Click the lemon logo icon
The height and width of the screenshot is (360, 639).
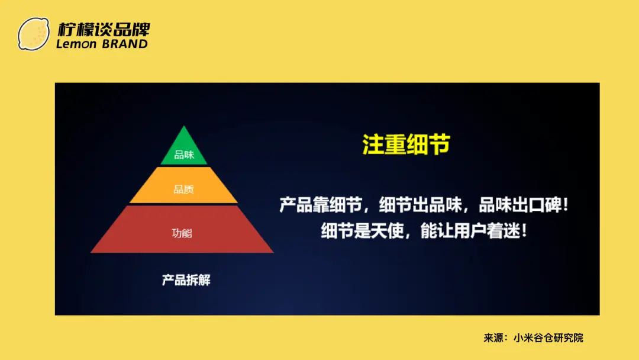tap(33, 34)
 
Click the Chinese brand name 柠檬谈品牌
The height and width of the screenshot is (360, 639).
tap(104, 30)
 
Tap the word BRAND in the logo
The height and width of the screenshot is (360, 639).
tap(125, 44)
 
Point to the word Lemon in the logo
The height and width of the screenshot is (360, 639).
tap(76, 44)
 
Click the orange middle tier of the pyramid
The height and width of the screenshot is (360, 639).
tap(183, 185)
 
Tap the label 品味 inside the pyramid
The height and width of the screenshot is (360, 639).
tap(184, 155)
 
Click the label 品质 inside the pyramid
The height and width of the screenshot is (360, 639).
tap(184, 189)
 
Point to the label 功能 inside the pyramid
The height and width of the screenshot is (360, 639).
tap(182, 233)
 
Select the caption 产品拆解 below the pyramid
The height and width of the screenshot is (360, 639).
tap(186, 280)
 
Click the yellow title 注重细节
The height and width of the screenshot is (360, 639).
tap(406, 144)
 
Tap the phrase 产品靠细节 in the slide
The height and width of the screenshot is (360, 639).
tap(321, 205)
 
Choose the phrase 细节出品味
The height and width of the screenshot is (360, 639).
tap(420, 205)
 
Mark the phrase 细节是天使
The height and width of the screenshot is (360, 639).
tap(362, 231)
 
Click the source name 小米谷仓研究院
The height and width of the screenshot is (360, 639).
tap(548, 337)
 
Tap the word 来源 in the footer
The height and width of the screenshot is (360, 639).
tap(493, 337)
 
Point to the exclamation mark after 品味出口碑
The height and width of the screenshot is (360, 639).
tap(565, 205)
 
